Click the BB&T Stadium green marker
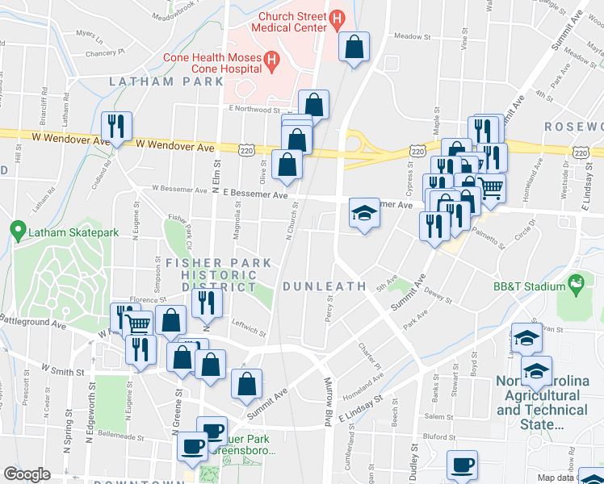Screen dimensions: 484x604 pyautogui.click(x=575, y=284)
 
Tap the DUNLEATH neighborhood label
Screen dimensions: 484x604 pyautogui.click(x=321, y=286)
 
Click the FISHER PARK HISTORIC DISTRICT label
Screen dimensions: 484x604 pyautogui.click(x=212, y=275)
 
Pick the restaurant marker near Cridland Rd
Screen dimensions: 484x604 pyautogui.click(x=115, y=127)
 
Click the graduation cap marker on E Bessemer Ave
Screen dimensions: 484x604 pyautogui.click(x=364, y=214)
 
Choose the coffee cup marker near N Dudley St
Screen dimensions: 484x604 pyautogui.click(x=463, y=465)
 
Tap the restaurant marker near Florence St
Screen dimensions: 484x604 pyautogui.click(x=208, y=302)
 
